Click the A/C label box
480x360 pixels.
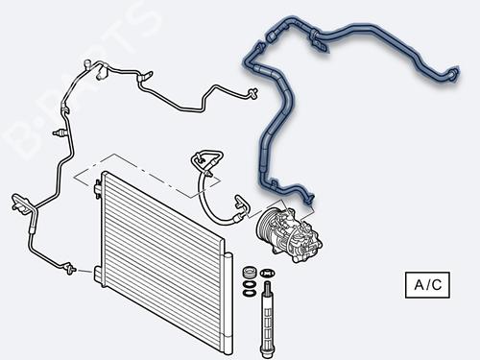coord(427,285)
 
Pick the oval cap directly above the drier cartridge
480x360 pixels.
coord(267,273)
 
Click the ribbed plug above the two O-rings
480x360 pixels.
coord(250,273)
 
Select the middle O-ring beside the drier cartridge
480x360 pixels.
coord(249,284)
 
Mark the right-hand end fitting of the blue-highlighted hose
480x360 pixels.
coord(454,73)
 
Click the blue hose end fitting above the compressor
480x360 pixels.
coord(309,199)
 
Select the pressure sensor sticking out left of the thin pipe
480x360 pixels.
coord(60,132)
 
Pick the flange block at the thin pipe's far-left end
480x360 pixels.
coord(19,204)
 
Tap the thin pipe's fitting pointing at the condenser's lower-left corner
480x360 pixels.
coord(70,268)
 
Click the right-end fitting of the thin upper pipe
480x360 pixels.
coord(252,93)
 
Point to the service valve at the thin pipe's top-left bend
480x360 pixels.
coord(86,64)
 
